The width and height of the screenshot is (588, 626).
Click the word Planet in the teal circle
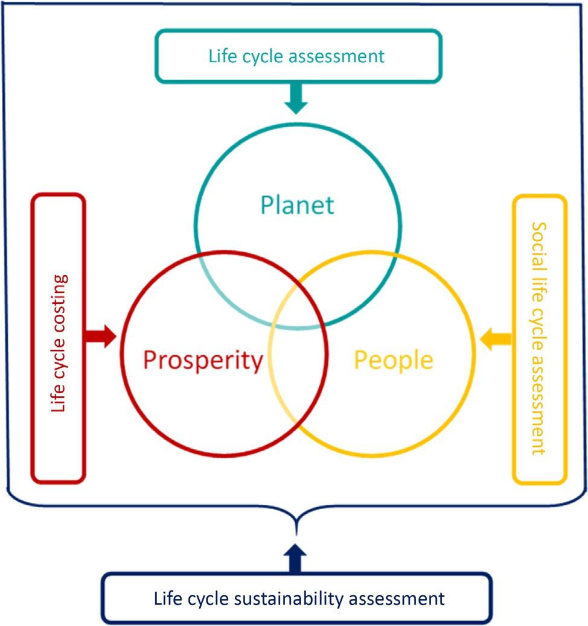click(297, 205)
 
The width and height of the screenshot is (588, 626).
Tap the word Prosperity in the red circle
click(203, 361)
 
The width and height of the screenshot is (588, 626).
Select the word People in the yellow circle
click(393, 360)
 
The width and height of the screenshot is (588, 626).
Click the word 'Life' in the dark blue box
click(167, 599)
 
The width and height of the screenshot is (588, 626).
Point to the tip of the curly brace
click(295, 531)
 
